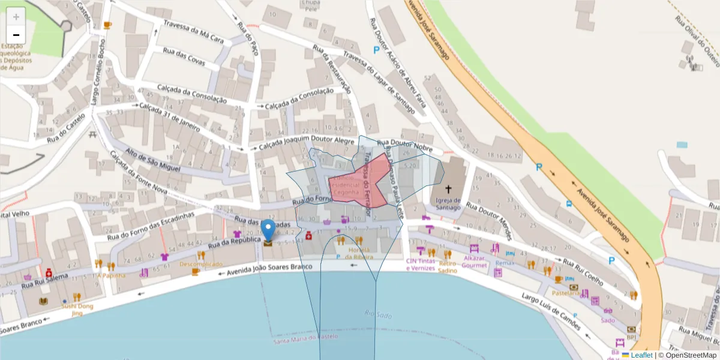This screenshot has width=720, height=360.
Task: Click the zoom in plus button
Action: (x=16, y=17)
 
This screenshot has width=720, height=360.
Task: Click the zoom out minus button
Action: (x=16, y=35)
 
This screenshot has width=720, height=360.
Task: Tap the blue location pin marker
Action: (x=268, y=230)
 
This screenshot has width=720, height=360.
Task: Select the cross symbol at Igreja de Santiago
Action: (x=448, y=189)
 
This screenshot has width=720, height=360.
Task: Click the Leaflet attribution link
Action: (x=641, y=355)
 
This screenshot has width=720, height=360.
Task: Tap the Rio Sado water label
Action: (x=377, y=314)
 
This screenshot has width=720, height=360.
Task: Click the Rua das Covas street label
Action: (x=184, y=56)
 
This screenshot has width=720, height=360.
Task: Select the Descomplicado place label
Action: (x=201, y=264)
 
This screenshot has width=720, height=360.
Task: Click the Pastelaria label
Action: (x=566, y=293)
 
